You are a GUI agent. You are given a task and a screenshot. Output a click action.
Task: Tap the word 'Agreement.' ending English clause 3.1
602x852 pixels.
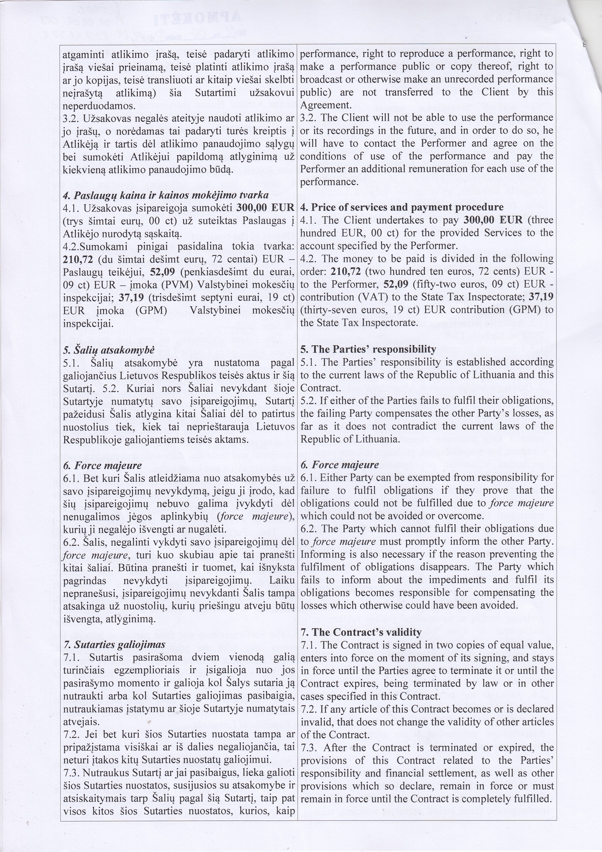click(x=325, y=105)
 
